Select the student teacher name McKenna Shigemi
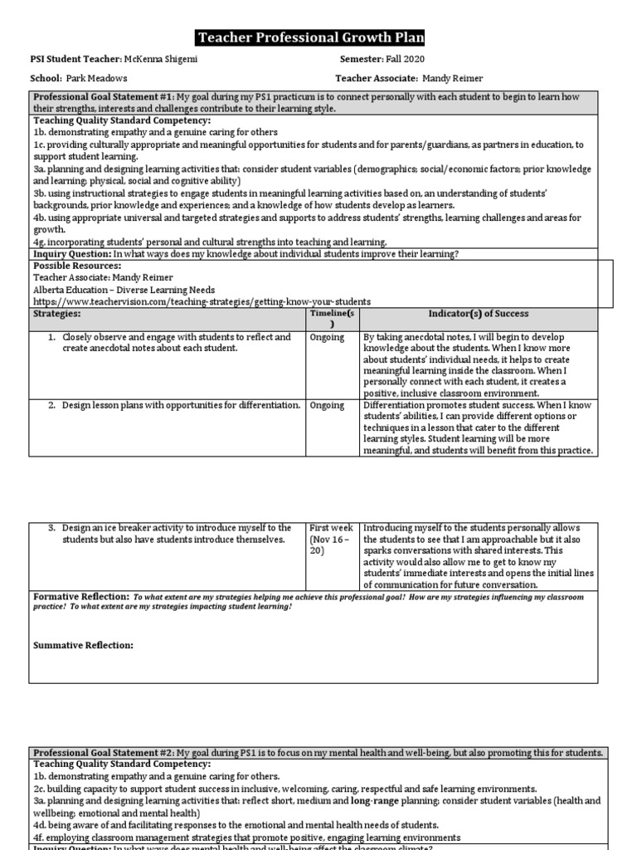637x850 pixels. (162, 60)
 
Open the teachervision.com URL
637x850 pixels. (202, 301)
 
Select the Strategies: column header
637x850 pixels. (58, 314)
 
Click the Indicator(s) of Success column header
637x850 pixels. (478, 314)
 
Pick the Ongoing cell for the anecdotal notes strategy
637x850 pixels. (326, 338)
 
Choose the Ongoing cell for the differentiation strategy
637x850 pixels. (326, 405)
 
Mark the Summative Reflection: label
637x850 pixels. (83, 645)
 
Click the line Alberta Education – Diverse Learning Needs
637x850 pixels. (124, 290)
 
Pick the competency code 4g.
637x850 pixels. (39, 242)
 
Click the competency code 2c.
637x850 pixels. (39, 788)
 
